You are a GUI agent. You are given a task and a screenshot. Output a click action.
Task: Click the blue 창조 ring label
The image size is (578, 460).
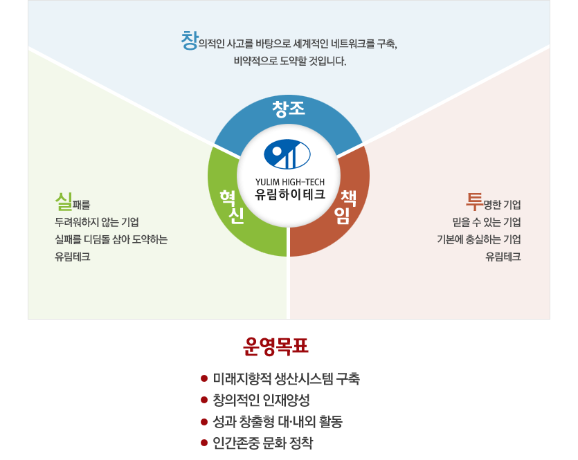click(289, 109)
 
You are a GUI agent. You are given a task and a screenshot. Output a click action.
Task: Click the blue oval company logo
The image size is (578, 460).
click(287, 154)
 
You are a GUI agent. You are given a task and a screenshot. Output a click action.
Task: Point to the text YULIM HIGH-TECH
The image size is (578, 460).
click(290, 182)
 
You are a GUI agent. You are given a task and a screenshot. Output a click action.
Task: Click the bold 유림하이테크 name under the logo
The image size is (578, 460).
click(290, 194)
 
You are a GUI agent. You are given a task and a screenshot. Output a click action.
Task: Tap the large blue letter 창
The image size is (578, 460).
click(190, 41)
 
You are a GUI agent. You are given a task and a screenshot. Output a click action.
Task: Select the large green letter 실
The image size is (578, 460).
click(64, 201)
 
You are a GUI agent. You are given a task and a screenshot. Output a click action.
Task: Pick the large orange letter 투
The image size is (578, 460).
click(474, 201)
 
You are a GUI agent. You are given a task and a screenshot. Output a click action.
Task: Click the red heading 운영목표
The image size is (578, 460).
click(276, 346)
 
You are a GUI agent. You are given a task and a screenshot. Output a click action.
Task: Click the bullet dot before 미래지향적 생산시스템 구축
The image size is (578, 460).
click(204, 378)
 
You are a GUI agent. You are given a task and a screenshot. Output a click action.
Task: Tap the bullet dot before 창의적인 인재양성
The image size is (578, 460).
click(204, 400)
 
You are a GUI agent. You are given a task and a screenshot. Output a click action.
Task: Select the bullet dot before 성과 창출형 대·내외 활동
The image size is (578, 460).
click(204, 421)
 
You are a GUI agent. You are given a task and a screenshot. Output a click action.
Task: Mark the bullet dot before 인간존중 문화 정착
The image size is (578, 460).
click(204, 443)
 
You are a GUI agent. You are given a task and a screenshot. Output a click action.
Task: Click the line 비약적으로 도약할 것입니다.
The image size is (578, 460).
click(290, 61)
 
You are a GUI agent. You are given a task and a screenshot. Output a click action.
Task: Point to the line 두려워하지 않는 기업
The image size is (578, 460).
click(97, 222)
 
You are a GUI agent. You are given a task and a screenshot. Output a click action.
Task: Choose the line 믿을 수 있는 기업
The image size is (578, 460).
click(487, 222)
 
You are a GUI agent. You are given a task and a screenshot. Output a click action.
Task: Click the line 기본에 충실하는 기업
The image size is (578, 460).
click(479, 239)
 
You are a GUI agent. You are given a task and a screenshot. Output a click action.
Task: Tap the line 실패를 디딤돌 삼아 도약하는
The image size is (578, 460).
click(111, 239)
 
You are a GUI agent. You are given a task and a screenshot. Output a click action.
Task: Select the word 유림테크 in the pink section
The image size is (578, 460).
click(503, 257)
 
